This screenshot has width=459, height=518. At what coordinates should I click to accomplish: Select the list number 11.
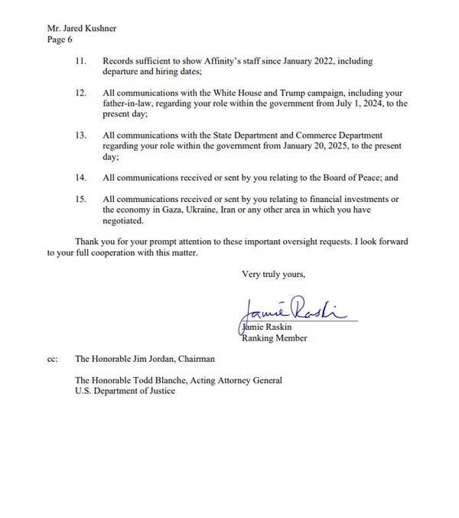80,61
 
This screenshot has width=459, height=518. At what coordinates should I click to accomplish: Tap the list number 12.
80,93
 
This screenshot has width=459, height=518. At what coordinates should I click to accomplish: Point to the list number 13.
80,135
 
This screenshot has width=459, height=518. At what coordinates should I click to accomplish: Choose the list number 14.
80,178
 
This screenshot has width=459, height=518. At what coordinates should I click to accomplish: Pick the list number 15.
80,199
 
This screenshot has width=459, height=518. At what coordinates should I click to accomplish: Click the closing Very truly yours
273,273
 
